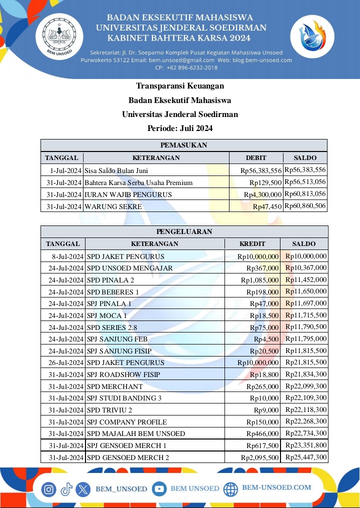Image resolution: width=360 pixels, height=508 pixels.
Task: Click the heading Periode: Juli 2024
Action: [x=180, y=128]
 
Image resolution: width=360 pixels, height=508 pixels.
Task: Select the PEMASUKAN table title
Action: [x=183, y=145]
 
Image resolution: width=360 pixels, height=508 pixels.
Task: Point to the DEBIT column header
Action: [x=256, y=158]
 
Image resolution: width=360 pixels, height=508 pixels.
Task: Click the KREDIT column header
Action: [x=252, y=244]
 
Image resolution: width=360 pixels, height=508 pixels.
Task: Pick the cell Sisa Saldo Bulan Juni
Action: [x=116, y=170]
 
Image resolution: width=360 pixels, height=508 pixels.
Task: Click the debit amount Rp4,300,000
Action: [x=262, y=194]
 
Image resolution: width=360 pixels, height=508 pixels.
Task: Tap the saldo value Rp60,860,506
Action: [x=305, y=206]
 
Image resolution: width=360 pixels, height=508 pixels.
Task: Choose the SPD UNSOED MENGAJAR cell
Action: [x=130, y=268]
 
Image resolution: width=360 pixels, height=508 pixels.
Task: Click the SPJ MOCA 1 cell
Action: [x=106, y=315]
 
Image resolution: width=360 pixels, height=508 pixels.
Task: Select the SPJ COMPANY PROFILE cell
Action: [x=127, y=422]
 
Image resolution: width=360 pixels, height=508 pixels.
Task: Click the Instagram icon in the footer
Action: [x=48, y=489]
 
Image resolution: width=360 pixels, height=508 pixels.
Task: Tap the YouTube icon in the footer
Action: [x=159, y=488]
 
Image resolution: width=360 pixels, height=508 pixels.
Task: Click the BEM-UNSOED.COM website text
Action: [x=276, y=487]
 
